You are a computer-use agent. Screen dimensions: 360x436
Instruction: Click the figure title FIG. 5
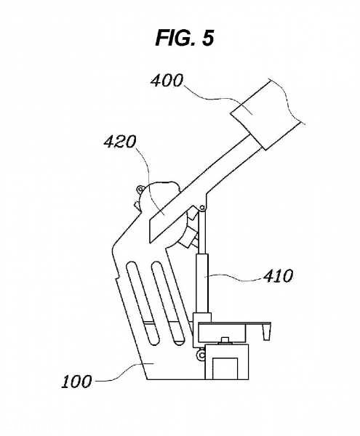185,38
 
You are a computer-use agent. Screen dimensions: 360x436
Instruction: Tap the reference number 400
167,81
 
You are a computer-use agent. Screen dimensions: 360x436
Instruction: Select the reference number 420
120,142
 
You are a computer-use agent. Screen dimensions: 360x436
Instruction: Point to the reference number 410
278,276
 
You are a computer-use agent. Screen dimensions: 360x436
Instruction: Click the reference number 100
76,381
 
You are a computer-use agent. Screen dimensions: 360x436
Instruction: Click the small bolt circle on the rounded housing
140,190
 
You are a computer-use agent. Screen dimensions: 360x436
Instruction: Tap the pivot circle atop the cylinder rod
202,208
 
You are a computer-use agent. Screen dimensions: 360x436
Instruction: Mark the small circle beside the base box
201,355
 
